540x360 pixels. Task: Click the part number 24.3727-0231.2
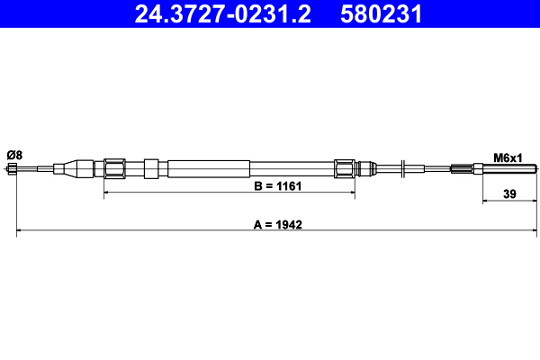click(223, 14)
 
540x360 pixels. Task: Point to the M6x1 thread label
click(508, 157)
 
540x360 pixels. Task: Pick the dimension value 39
click(509, 192)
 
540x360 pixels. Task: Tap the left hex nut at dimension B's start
click(114, 167)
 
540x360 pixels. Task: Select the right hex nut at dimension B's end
click(344, 167)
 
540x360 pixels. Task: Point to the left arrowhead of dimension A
click(20, 233)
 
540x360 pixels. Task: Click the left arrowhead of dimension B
click(108, 193)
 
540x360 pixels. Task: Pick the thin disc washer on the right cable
click(406, 167)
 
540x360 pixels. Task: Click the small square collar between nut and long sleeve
click(151, 167)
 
